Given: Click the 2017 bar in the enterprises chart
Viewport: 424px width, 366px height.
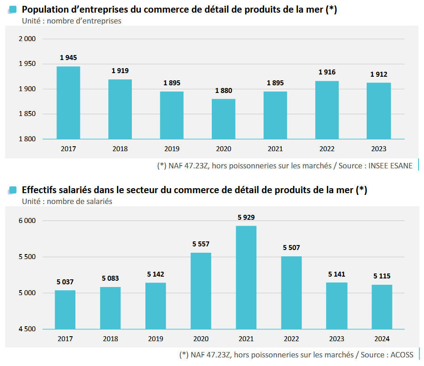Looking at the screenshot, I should point(68,103).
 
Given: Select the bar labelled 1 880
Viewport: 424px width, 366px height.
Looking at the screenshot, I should point(223,119).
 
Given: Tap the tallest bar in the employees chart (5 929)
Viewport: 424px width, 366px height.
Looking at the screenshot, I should point(246,277).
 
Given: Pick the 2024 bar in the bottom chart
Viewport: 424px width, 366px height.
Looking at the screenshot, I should point(382,307).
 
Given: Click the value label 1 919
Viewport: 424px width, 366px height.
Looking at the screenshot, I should point(120,71).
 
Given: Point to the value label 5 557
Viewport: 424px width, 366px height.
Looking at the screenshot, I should point(201,244).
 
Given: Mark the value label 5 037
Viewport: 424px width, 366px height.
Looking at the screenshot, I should point(65,282).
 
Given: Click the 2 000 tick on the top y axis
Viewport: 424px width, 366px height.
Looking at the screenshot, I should point(27,39).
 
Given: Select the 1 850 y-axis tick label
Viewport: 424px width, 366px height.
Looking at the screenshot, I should point(27,114).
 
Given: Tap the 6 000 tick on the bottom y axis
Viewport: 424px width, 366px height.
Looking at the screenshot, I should point(27,221).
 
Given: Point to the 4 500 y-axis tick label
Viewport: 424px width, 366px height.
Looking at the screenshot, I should point(27,329).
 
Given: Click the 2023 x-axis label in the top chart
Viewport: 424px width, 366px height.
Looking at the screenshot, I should point(378,149).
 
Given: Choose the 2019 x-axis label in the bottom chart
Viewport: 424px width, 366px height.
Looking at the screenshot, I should point(156,339).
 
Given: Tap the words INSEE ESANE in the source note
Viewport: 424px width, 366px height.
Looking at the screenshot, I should point(391,166).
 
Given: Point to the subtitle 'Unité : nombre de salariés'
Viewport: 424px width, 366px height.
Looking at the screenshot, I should point(67,202).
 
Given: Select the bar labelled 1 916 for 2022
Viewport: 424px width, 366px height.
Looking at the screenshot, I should point(326,110).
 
